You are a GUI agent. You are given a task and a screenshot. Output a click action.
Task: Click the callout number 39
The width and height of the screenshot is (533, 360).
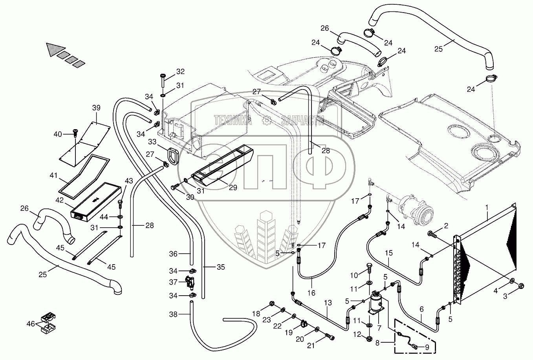coord(96,108)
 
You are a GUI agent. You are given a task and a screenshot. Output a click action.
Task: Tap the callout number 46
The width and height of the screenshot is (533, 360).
coord(31,323)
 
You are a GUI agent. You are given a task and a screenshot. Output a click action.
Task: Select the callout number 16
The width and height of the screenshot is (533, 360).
coord(311,293)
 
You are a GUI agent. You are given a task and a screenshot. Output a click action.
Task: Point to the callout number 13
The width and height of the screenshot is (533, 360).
coord(328,303)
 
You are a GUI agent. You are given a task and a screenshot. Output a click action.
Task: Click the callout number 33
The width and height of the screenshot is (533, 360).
coord(152,142)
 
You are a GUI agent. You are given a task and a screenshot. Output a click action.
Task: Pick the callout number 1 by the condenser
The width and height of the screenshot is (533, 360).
coord(487,208)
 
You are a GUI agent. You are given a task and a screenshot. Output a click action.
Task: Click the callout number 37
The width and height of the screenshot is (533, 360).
coord(173,282)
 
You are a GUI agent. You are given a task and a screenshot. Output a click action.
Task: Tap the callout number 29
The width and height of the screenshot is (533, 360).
coord(233,188)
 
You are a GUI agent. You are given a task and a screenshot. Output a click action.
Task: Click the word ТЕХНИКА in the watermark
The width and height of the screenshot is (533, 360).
coord(233,120)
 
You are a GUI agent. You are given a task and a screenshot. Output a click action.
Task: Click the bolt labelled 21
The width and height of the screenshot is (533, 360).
coord(330,337)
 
